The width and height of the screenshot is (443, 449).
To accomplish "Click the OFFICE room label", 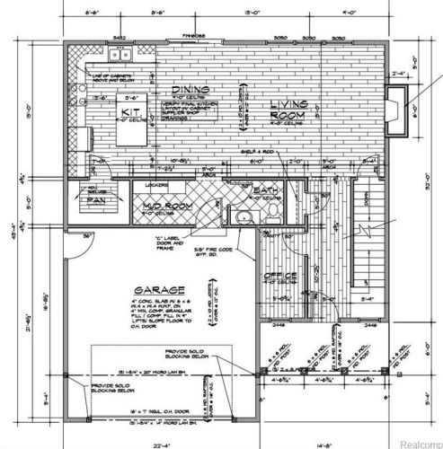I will (279, 275).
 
